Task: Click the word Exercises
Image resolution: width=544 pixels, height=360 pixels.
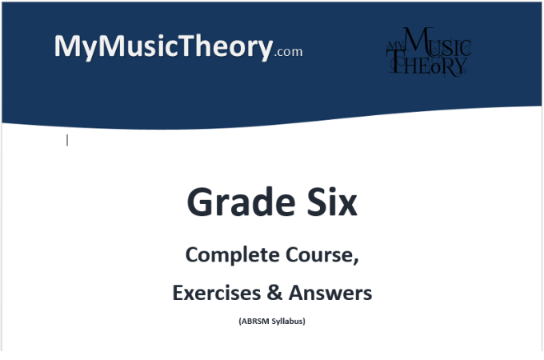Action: (215, 294)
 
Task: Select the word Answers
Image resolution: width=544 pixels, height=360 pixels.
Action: (330, 294)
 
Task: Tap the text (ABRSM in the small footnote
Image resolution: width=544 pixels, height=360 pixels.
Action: (254, 322)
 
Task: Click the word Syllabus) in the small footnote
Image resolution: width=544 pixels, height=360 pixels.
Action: (289, 322)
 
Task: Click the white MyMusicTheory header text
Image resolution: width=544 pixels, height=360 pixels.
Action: (163, 46)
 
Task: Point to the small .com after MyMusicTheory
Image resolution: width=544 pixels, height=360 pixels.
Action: (288, 53)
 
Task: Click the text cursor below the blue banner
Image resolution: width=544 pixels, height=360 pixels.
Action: (67, 140)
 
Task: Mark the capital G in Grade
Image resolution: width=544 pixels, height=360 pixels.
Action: (200, 202)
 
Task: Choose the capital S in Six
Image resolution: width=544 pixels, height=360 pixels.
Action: (310, 202)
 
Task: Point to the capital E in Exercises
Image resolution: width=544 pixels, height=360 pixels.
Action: (178, 294)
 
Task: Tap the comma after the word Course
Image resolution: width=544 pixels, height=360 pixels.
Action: (354, 262)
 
